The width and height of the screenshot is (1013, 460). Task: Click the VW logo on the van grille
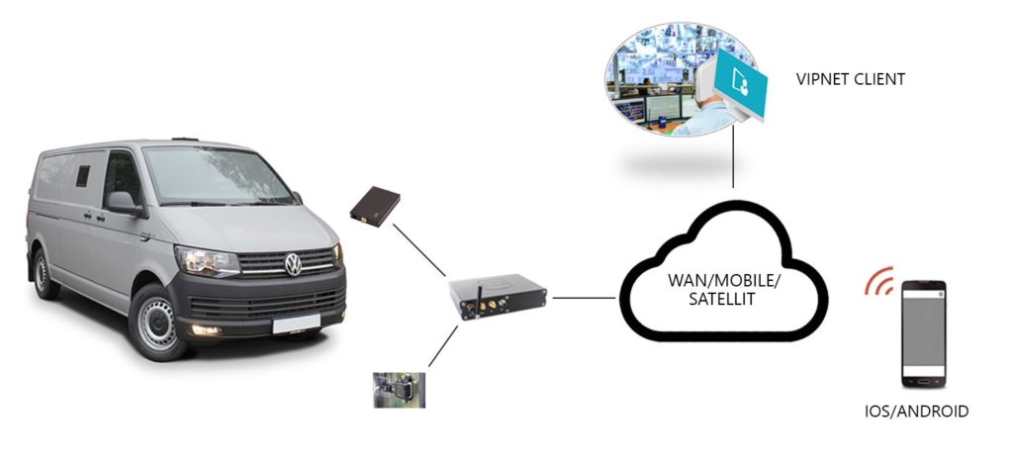[x=293, y=264]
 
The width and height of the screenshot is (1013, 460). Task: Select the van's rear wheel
[x=44, y=273]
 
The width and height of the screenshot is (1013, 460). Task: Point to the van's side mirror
[x=124, y=203]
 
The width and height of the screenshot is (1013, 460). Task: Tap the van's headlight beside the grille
[x=206, y=261]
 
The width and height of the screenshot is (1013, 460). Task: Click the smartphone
[x=924, y=332]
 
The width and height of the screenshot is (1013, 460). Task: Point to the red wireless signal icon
[x=879, y=281]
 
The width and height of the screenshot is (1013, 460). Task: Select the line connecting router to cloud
[x=586, y=296]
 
